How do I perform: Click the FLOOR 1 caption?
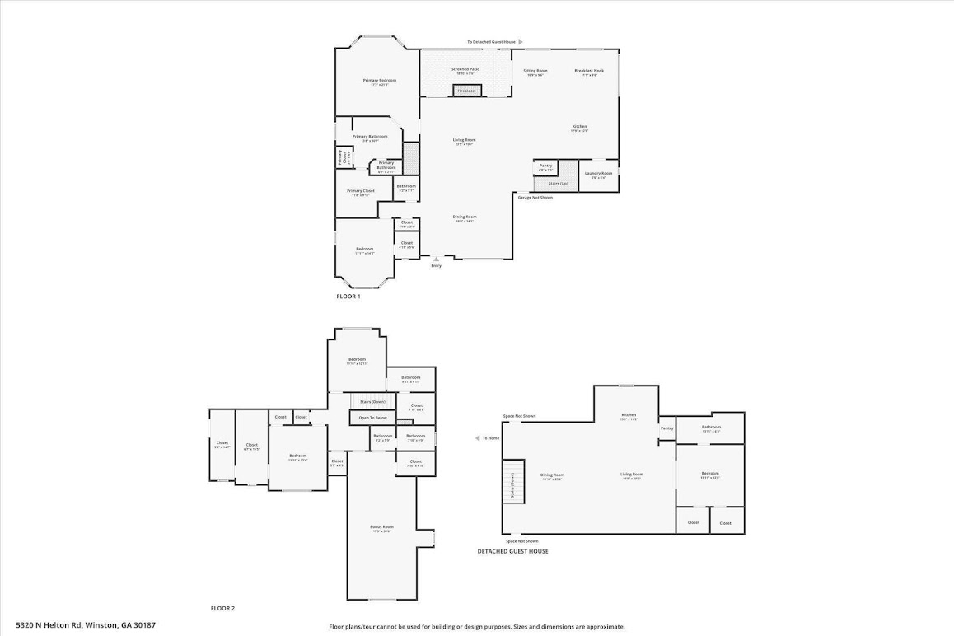348,296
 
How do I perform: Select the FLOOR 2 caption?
222,608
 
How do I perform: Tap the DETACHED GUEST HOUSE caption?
512,551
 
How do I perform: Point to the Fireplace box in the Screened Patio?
466,91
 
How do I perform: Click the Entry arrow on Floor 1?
436,259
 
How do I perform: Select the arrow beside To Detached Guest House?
520,41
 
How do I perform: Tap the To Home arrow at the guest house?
478,438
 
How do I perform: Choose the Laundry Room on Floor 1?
598,175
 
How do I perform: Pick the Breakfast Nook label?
589,72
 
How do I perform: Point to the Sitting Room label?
535,72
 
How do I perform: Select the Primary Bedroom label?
380,81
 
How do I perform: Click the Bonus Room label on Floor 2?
381,528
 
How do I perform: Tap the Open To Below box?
369,418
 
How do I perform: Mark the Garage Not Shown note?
535,198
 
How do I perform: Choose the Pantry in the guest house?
667,428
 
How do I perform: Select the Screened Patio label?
465,70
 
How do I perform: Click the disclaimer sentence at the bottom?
476,626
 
